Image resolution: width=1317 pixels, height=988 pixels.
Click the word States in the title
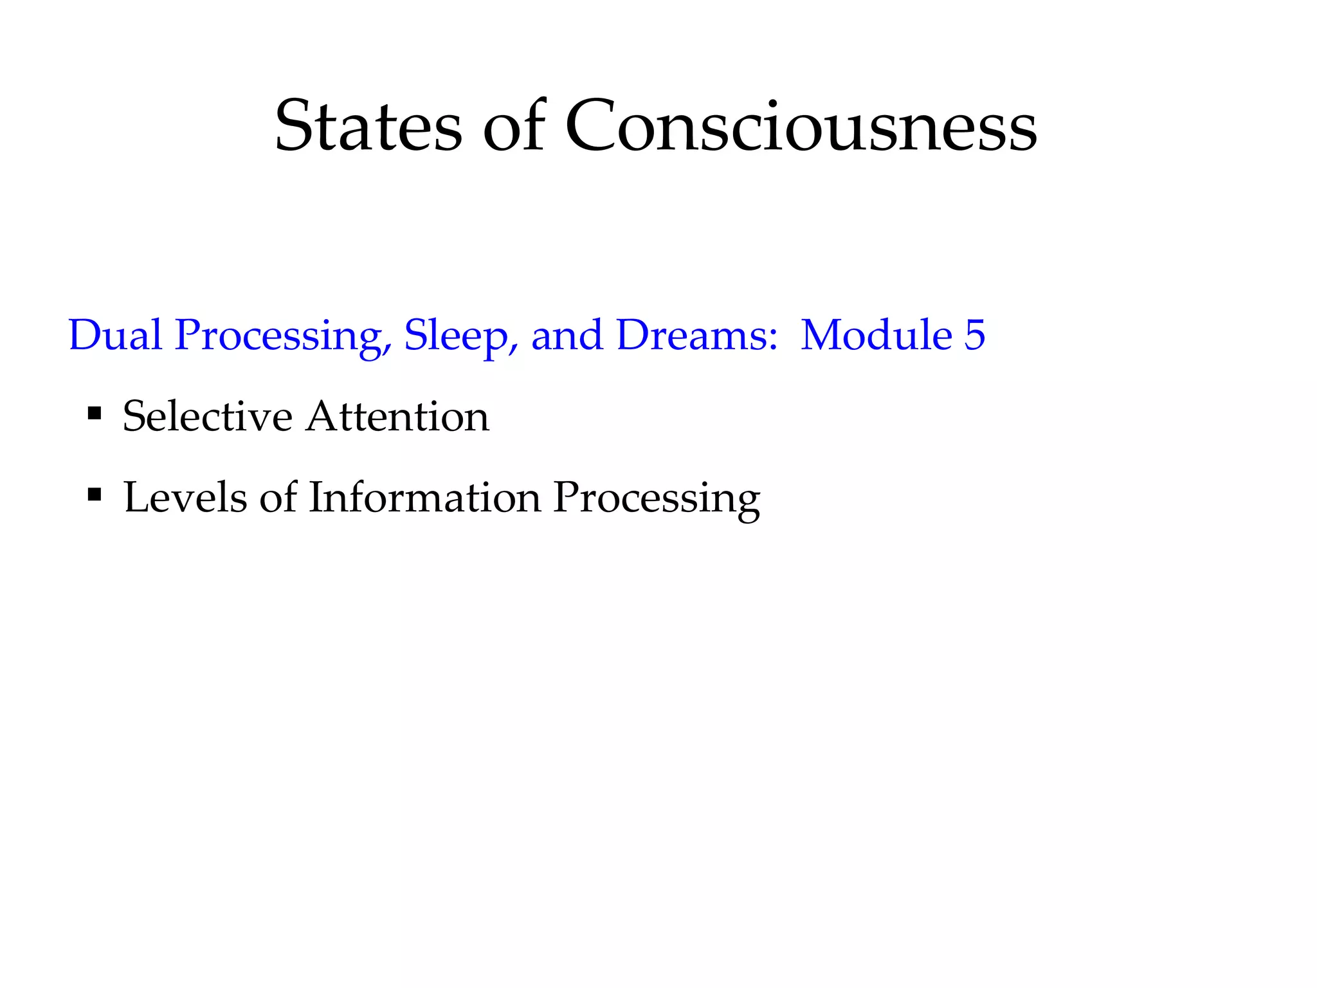click(368, 126)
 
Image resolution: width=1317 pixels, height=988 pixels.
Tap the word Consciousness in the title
click(801, 126)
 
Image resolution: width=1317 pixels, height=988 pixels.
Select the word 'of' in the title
click(514, 126)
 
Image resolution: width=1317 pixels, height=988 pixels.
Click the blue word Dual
click(115, 335)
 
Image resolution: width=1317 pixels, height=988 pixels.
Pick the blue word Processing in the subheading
click(283, 336)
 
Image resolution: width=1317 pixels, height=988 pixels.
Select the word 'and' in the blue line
click(567, 335)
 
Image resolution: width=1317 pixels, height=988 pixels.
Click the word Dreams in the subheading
click(691, 335)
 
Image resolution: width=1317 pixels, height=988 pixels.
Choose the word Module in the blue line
click(876, 335)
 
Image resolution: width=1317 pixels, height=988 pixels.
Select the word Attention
click(397, 416)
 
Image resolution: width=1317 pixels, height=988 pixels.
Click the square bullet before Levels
click(95, 494)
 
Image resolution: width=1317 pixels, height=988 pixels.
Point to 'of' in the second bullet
click(278, 497)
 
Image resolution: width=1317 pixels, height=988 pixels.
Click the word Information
click(424, 497)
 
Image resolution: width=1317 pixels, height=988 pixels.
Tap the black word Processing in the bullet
click(657, 499)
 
